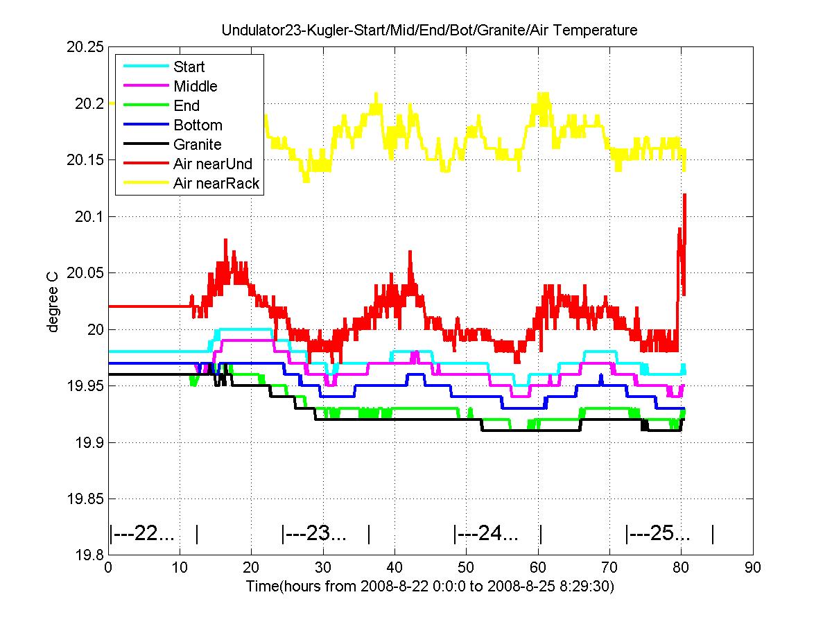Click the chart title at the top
point(429,30)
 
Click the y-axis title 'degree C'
point(52,302)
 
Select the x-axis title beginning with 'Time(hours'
point(431,586)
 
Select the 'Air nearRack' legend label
point(216,183)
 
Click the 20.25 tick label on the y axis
point(85,47)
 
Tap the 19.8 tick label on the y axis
point(89,555)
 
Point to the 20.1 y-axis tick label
point(89,217)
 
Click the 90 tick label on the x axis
point(753,568)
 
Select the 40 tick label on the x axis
point(395,568)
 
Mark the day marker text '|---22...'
point(141,533)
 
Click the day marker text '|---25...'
point(658,533)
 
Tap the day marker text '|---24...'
point(486,533)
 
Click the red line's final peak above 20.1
point(684,195)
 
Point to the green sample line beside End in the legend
point(146,105)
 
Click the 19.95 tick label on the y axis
point(85,385)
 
